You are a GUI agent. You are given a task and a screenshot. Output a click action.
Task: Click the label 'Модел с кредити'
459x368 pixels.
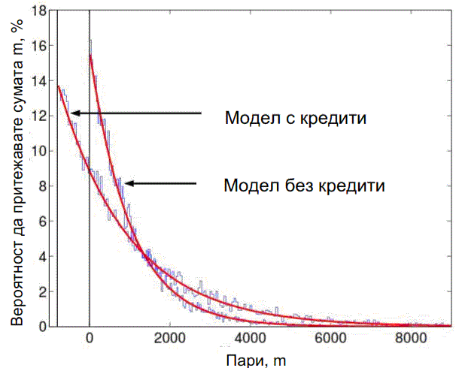[295, 118]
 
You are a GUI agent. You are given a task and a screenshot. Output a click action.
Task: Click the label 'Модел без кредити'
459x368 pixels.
[305, 185]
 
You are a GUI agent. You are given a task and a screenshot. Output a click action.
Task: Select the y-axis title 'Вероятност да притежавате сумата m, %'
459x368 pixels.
[16, 170]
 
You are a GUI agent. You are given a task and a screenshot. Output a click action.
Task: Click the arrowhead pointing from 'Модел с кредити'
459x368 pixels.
[74, 113]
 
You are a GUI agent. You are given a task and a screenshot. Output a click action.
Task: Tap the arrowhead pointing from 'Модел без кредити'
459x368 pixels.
[129, 182]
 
